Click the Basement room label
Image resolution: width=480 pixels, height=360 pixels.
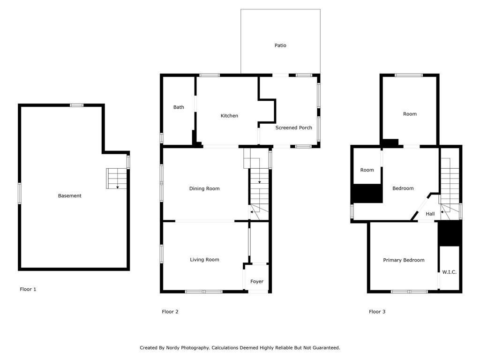coord(69,196)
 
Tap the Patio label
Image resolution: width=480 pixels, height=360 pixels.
coord(280,45)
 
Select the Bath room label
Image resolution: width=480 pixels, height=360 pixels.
coord(179,107)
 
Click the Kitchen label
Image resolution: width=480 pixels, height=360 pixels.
coord(229,116)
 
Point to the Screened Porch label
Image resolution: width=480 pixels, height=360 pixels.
coord(293,128)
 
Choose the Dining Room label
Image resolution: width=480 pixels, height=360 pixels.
coord(204,189)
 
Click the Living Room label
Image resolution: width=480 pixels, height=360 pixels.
coord(204,260)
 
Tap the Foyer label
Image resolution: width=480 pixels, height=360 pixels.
coord(257,282)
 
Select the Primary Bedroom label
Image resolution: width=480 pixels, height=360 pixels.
coord(404,260)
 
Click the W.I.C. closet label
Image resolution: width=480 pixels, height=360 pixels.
coord(449,272)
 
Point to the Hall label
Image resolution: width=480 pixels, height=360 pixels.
coord(430,214)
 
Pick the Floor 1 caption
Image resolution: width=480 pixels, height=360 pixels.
coord(28,289)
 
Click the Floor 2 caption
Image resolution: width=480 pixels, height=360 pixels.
coord(170,312)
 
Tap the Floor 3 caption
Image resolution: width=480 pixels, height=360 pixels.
coord(377,312)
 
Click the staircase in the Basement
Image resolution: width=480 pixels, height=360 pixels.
coord(117,179)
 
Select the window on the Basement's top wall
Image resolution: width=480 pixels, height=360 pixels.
coord(77,105)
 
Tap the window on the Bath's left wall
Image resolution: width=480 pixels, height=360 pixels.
coord(161,138)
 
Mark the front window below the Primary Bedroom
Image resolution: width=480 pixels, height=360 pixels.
coord(409,292)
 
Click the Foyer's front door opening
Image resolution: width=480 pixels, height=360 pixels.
coord(258,292)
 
